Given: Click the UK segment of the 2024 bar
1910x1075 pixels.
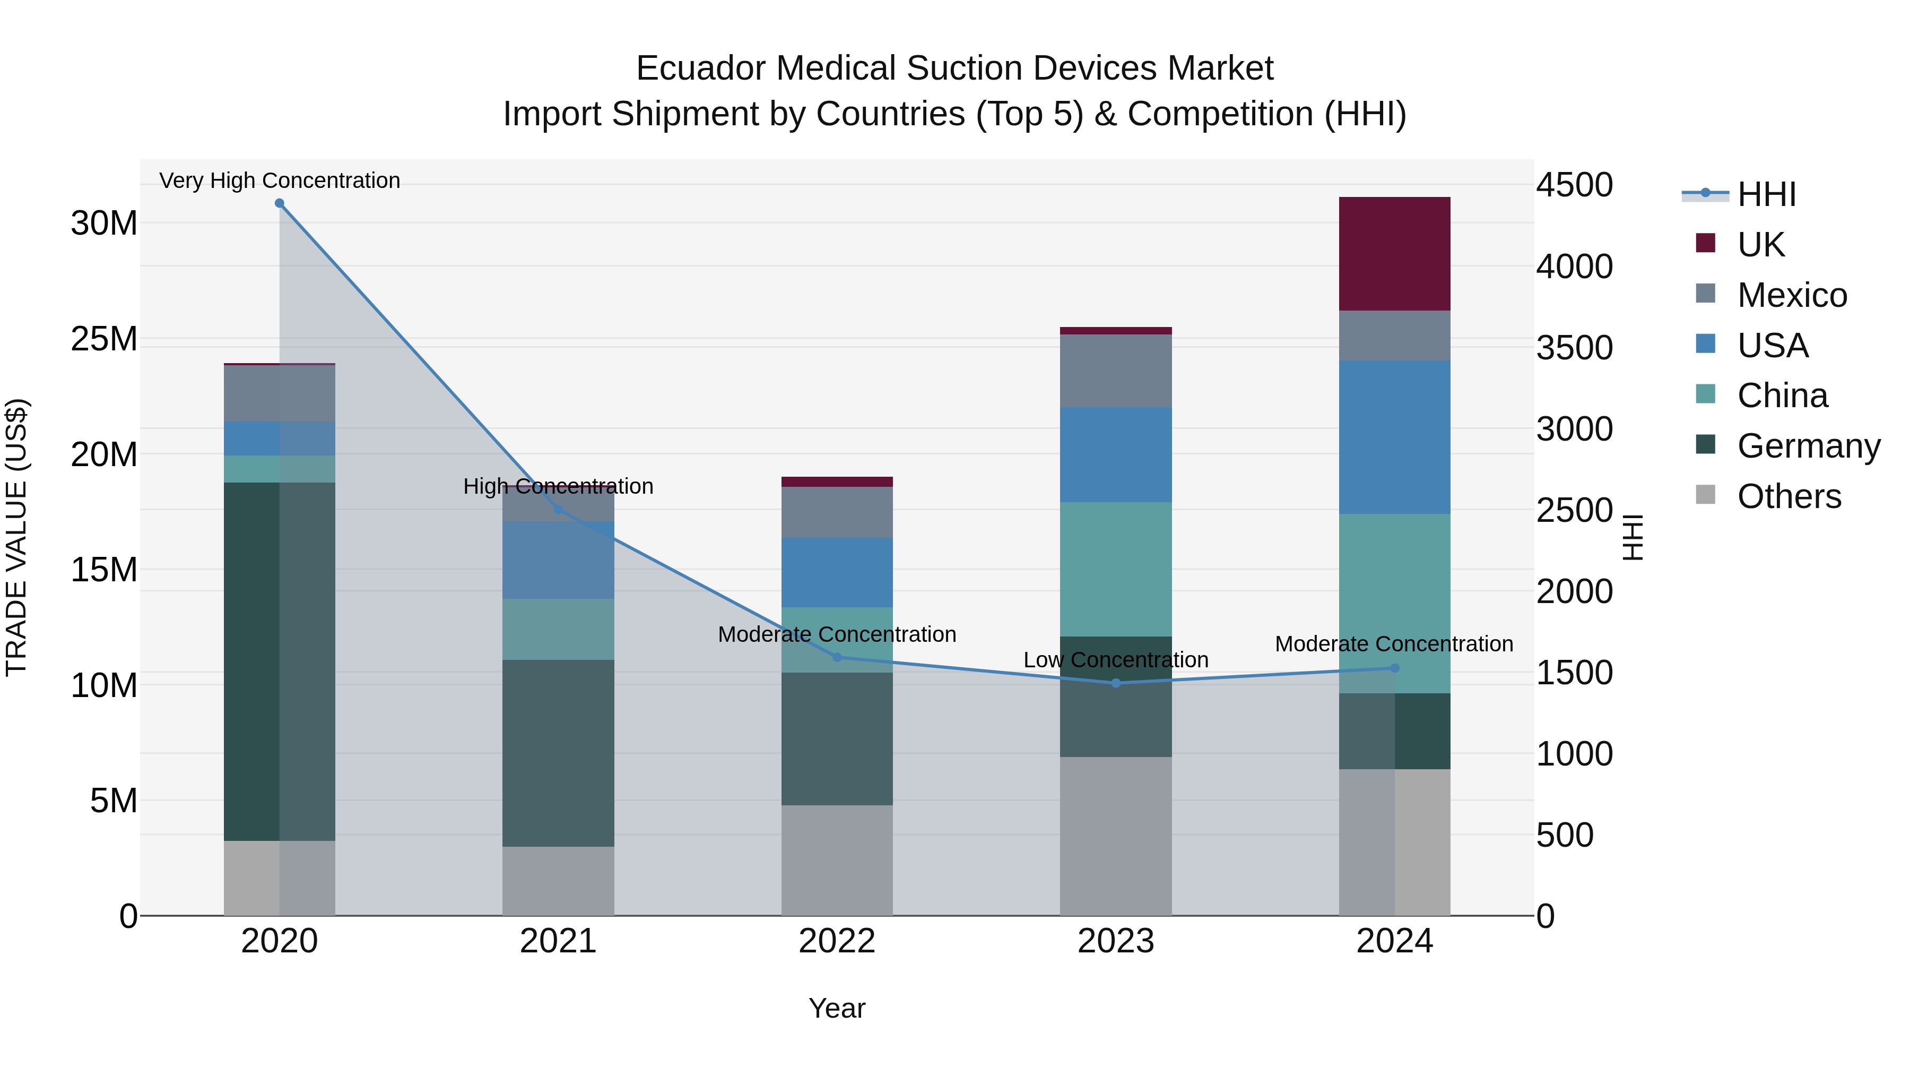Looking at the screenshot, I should coord(1394,254).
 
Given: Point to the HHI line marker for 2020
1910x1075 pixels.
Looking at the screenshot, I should coord(280,203).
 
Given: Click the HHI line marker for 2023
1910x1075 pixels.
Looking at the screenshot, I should coord(1115,683).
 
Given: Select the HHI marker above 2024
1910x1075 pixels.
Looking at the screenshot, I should coord(1394,668).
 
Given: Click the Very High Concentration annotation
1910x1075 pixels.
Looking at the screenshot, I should coord(280,180).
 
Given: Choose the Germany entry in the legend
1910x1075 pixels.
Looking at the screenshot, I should coord(1808,446).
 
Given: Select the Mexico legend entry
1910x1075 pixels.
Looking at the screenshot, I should coord(1791,295).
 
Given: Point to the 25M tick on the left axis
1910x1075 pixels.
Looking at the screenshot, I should coord(104,339).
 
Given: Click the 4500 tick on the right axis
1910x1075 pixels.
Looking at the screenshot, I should coord(1574,185).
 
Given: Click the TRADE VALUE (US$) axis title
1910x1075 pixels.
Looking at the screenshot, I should coord(16,537).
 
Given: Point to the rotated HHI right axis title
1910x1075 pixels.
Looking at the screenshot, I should coord(1633,537).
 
